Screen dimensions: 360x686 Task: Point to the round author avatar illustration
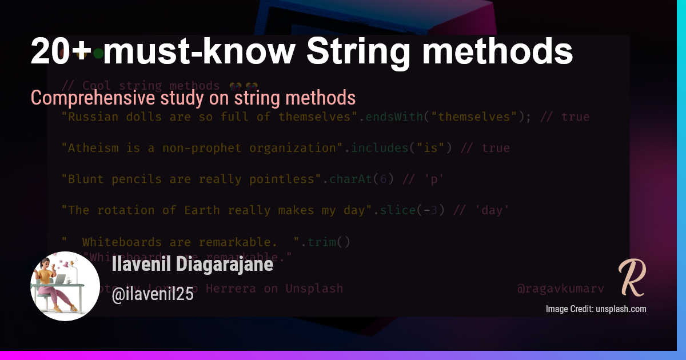click(x=65, y=286)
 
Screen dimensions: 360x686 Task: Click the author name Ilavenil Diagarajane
click(x=193, y=265)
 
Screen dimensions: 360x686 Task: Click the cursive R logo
click(x=632, y=278)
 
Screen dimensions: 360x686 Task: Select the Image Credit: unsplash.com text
click(x=596, y=309)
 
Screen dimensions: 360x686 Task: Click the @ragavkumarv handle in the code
click(x=560, y=289)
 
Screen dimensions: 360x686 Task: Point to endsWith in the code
click(x=394, y=117)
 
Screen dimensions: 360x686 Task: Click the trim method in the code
click(x=322, y=242)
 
